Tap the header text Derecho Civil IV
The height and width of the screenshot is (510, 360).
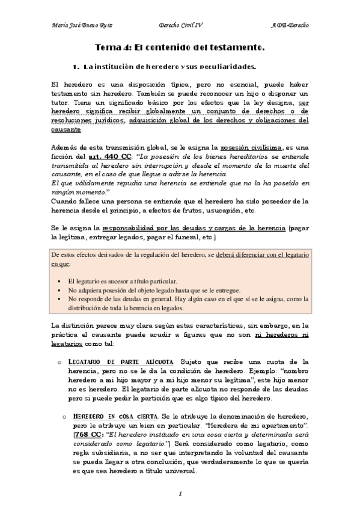point(181,26)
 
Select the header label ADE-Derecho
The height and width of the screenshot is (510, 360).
point(290,26)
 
